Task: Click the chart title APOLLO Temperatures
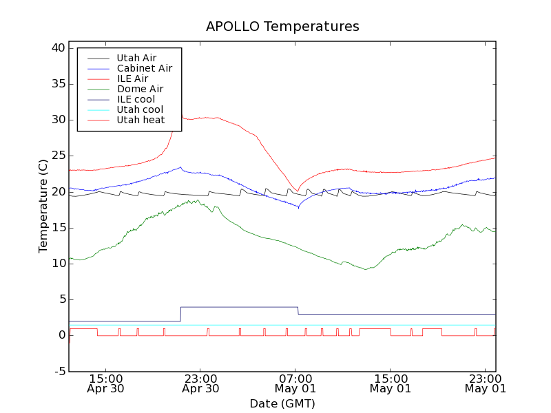[282, 27]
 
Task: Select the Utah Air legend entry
[136, 58]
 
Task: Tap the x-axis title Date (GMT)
[282, 403]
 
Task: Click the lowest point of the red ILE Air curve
[298, 191]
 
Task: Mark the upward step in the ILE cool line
[180, 314]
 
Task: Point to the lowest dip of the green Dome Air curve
[366, 269]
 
